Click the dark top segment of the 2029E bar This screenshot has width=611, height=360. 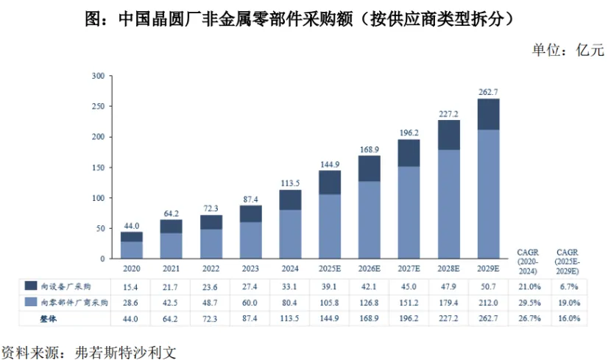click(488, 114)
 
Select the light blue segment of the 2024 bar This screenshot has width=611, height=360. click(290, 232)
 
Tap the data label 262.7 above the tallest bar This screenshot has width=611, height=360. click(488, 91)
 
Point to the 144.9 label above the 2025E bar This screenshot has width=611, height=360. click(330, 163)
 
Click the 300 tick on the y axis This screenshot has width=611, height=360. click(97, 76)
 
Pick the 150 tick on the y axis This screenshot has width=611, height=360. click(97, 167)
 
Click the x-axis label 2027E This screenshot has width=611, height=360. click(409, 267)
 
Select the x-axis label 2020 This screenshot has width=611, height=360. click(132, 267)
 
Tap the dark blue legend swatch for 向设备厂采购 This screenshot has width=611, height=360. click(32, 285)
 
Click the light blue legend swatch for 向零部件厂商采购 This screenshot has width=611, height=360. click(32, 302)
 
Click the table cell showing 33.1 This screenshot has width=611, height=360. click(290, 285)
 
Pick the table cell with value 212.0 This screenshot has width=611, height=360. click(488, 302)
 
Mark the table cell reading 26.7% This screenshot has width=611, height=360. click(529, 319)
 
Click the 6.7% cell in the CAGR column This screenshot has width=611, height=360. click(568, 285)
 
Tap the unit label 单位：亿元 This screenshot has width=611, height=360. click(568, 50)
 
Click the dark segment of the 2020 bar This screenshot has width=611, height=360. click(132, 236)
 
